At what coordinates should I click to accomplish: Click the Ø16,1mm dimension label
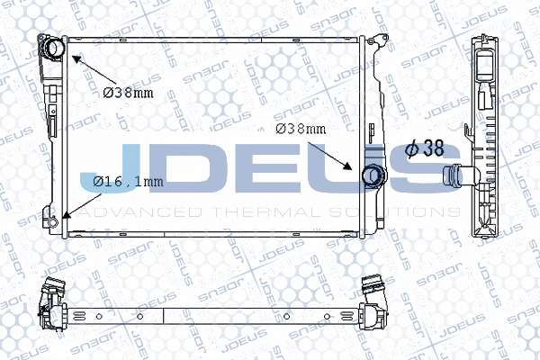tap(128, 181)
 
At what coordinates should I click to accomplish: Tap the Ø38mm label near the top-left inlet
tap(128, 93)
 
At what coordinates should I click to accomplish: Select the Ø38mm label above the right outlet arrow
tap(301, 129)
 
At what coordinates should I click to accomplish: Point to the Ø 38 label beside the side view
tap(425, 148)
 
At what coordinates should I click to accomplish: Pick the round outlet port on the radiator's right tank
tap(373, 175)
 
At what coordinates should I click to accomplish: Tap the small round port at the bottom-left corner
tap(52, 221)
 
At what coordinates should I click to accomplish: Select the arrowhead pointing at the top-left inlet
tap(76, 59)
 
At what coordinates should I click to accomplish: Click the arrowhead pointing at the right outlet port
tap(347, 166)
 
